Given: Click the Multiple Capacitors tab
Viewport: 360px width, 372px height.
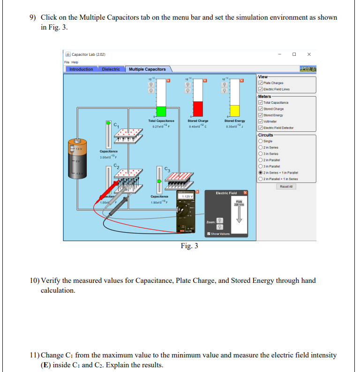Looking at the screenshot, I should coord(147,69).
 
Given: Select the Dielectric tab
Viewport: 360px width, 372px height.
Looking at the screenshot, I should coord(111,69).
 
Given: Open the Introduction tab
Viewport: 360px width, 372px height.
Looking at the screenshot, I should coord(81,69).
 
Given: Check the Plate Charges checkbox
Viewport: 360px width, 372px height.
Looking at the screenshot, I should coord(260,83).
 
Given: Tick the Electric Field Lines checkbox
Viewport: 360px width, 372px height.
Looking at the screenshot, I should coord(260,89).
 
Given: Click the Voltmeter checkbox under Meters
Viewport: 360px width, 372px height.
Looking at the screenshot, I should coord(260,121).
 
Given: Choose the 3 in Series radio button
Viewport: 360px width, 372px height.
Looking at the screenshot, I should coord(260,153).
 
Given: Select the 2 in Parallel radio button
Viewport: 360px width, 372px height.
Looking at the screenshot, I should coord(260,159).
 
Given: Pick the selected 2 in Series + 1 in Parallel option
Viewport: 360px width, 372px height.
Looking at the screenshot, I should coord(260,172).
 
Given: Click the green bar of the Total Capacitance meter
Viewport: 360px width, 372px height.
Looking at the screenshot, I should coord(161,111).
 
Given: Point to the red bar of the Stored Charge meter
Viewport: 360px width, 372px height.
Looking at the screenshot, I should coord(198,108).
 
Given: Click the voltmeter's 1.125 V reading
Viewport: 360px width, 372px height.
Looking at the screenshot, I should coord(188,197).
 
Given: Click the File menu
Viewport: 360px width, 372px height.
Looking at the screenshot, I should coord(67,62).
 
